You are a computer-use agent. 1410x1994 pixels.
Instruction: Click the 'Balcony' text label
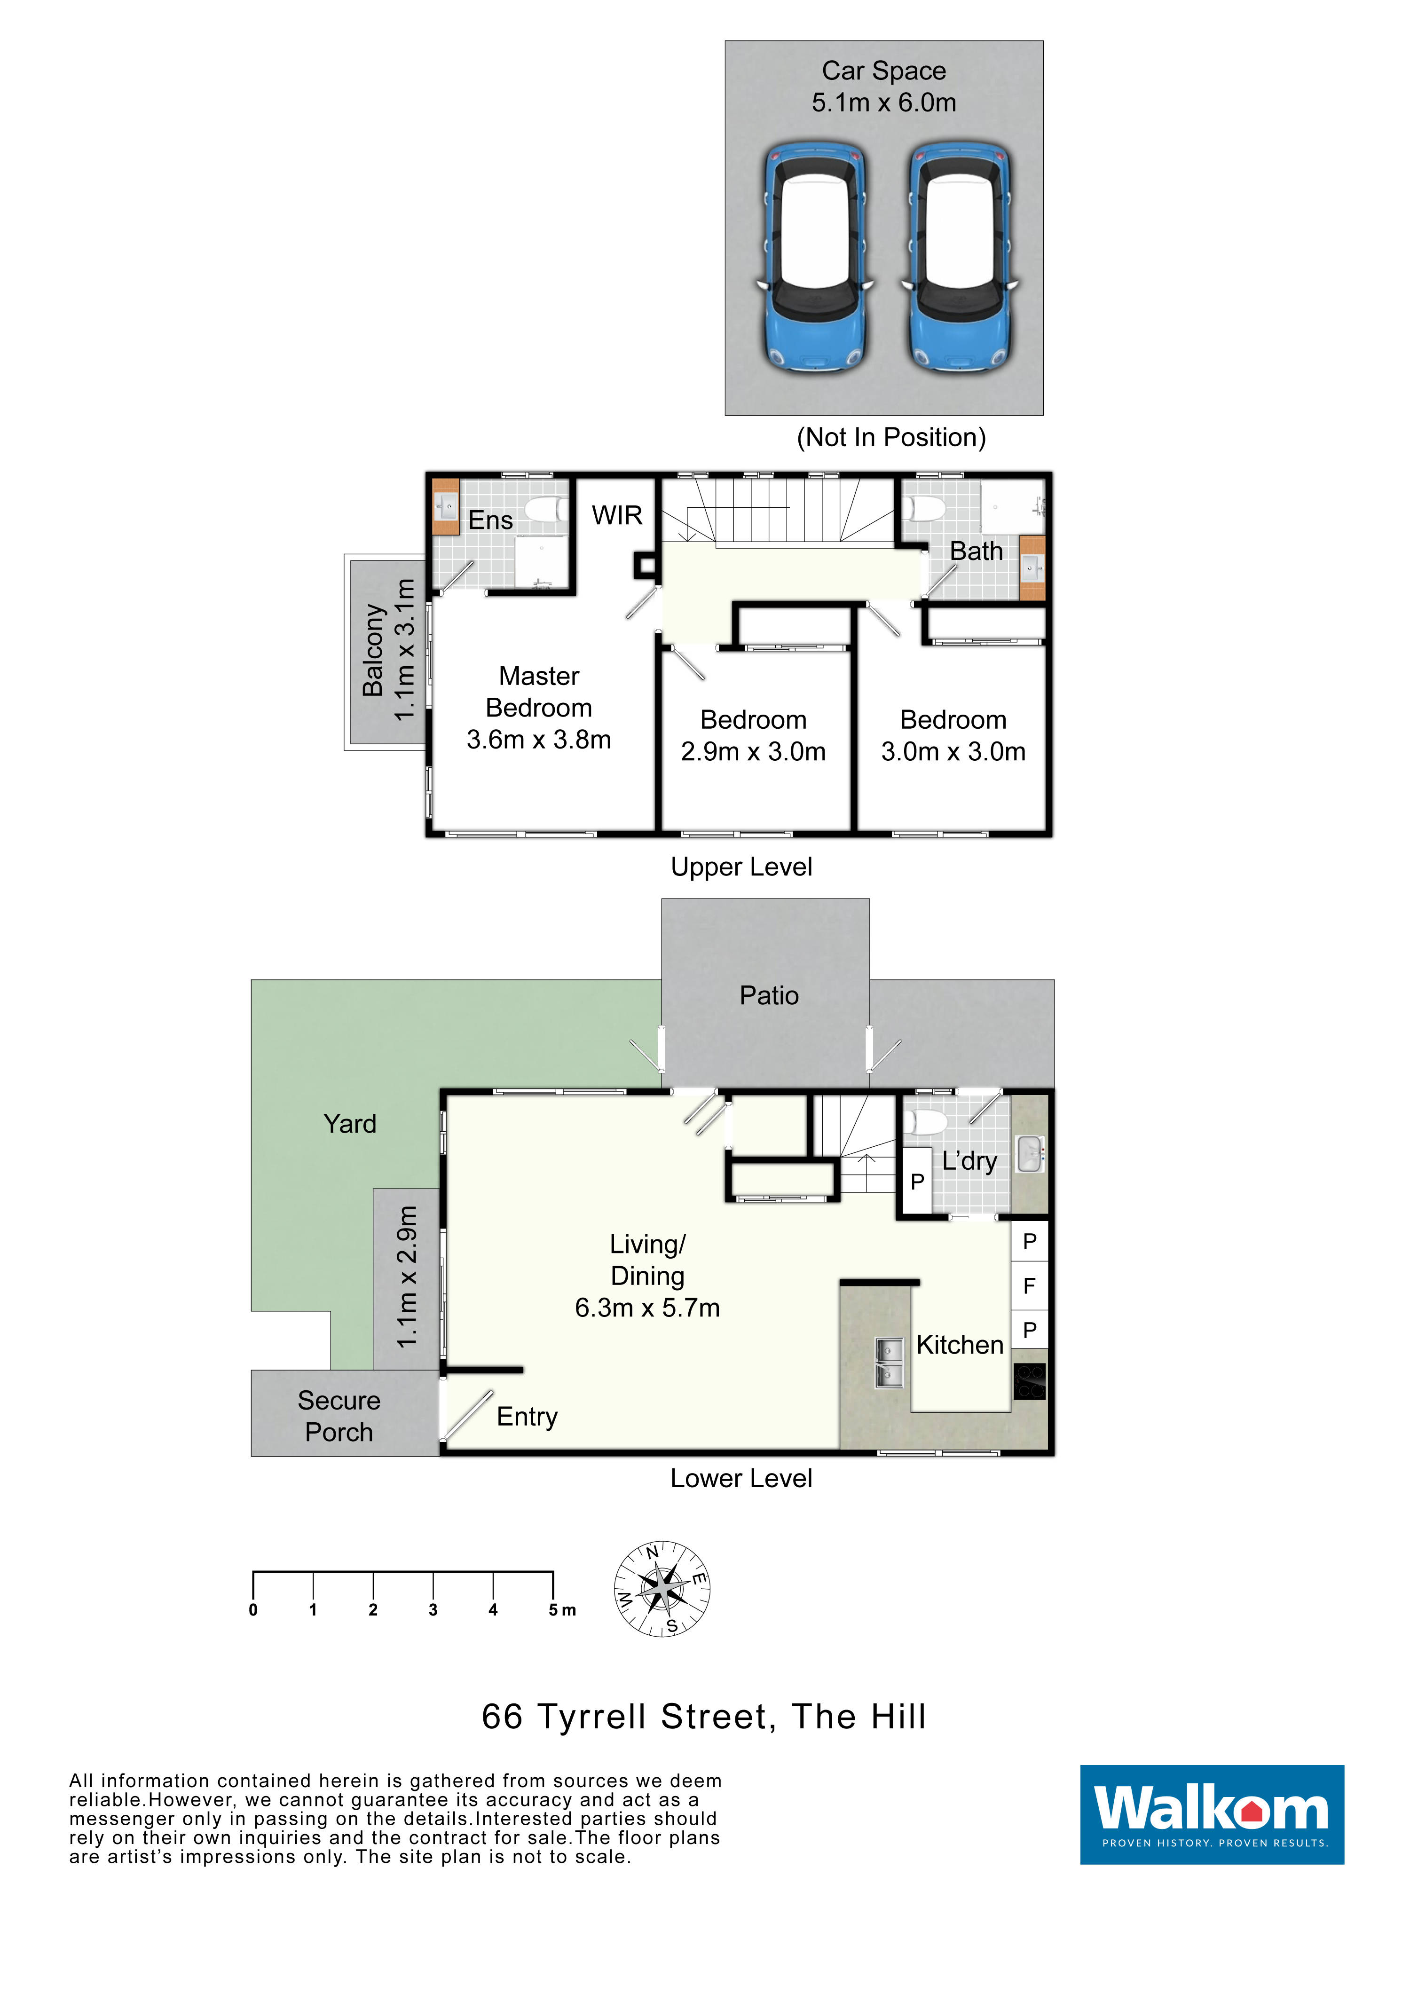tap(373, 650)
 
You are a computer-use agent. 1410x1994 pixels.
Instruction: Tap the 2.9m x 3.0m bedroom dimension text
tap(753, 752)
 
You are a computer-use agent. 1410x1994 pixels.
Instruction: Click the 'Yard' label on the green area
tap(350, 1124)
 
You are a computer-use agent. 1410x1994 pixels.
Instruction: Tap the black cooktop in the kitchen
tap(1030, 1381)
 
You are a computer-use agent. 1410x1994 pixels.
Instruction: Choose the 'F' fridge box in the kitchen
tap(1030, 1286)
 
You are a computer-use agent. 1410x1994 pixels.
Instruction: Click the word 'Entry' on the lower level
tap(527, 1417)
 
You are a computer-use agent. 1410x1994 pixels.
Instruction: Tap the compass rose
tap(662, 1589)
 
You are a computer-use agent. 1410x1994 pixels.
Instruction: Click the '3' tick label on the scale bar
tap(433, 1610)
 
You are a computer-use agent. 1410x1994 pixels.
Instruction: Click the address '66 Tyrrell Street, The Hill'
tap(704, 1717)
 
